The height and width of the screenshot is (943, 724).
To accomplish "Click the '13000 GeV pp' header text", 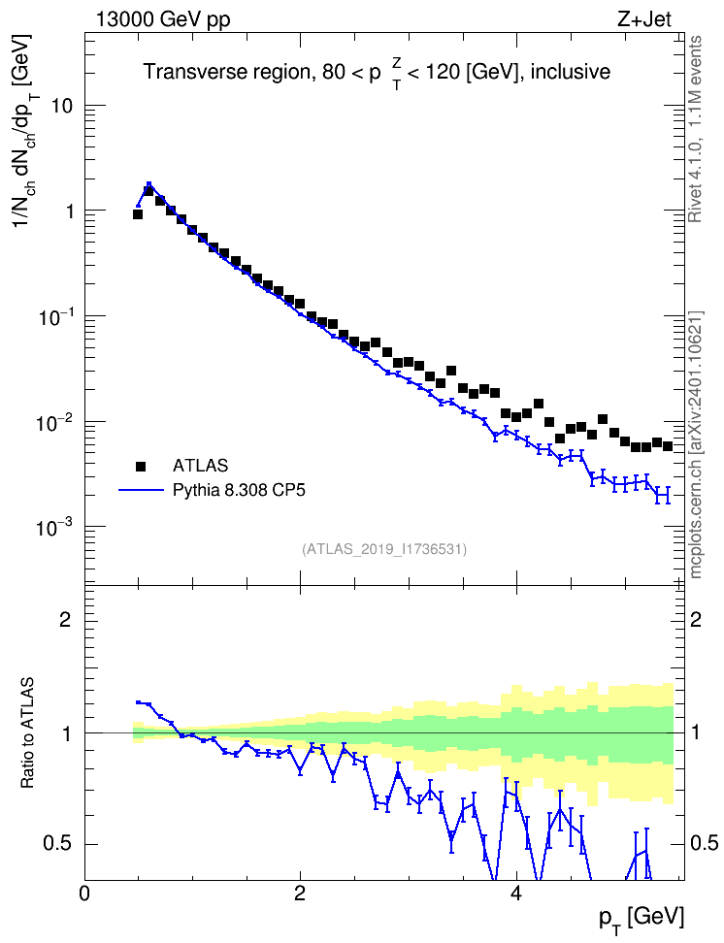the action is [163, 19].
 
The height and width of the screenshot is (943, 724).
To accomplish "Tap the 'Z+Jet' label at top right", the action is [644, 19].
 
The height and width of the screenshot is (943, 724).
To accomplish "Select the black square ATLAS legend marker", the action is [141, 466].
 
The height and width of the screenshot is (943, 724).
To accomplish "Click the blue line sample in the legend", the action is [141, 491].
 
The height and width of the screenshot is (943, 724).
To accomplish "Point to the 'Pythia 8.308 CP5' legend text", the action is [239, 491].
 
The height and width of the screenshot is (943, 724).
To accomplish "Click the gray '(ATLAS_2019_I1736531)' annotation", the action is [384, 549].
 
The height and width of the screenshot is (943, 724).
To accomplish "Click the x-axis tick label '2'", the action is [300, 893].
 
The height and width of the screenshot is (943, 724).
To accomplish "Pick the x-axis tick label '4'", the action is [515, 893].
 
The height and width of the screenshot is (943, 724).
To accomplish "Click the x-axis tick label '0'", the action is [84, 893].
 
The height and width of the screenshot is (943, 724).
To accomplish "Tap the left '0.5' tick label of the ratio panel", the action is [58, 844].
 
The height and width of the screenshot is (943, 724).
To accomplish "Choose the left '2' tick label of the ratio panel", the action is [66, 619].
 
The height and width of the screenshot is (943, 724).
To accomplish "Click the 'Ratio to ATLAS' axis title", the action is [27, 733].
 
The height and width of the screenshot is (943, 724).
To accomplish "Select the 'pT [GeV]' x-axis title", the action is [642, 920].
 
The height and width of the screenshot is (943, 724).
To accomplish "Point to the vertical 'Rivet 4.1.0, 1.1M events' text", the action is [695, 129].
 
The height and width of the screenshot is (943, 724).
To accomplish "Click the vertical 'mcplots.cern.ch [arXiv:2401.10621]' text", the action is [695, 444].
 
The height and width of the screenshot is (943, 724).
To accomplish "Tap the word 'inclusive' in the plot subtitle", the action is [571, 72].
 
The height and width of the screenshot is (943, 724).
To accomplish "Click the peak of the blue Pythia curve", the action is [148, 183].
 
